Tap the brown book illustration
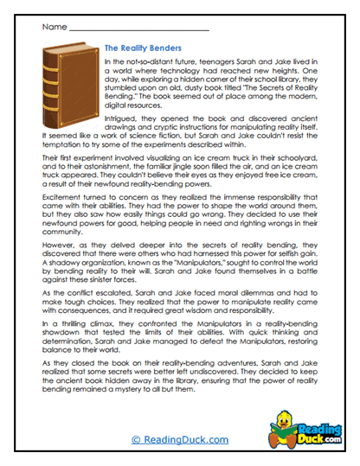67,87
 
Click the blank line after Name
138,28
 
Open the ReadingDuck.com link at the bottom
179,438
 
